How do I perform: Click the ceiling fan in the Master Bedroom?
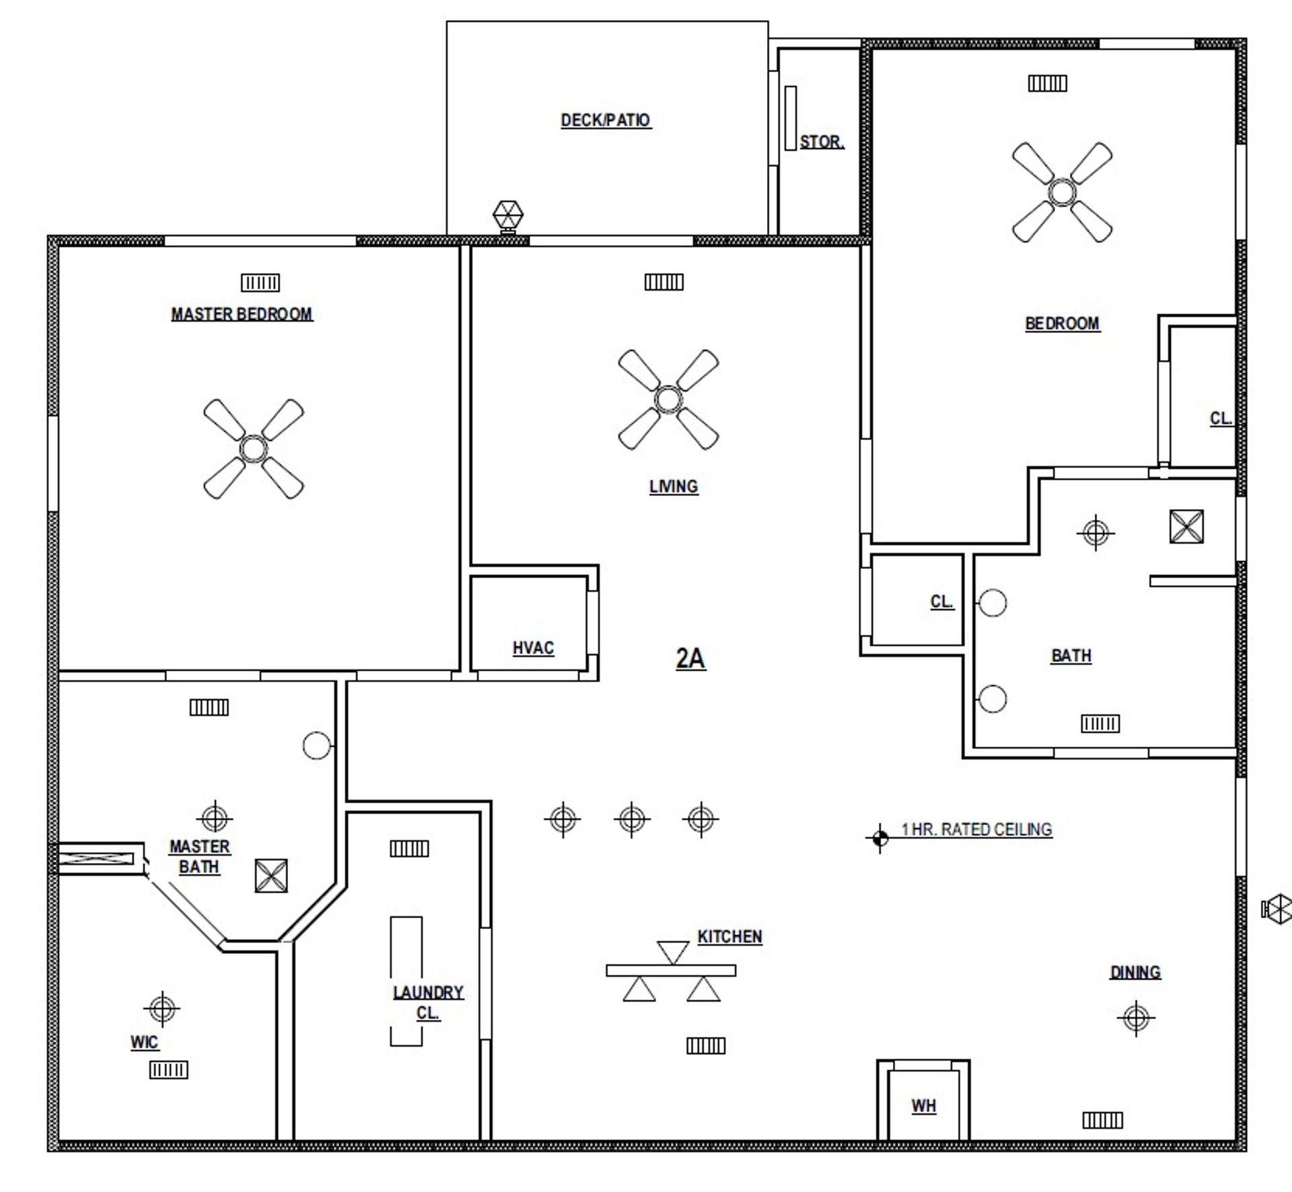tap(254, 449)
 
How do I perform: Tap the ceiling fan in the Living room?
tap(668, 400)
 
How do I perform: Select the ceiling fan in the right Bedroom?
tap(1062, 192)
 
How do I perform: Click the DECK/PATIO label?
tap(606, 120)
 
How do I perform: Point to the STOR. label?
tap(822, 142)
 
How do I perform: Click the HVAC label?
tap(533, 648)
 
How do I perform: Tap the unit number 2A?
tap(690, 658)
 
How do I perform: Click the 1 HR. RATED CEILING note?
tap(976, 829)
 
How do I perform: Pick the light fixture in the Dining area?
tap(1136, 1018)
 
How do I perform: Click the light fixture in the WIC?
tap(161, 1009)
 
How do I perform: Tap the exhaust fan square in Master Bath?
tap(271, 876)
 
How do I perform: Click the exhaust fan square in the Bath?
tap(1186, 527)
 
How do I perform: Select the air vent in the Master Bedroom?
tap(260, 283)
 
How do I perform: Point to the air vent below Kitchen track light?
tap(706, 1045)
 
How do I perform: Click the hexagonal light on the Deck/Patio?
tap(508, 216)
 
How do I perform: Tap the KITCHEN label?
tap(729, 936)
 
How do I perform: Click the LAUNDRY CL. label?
tap(428, 1002)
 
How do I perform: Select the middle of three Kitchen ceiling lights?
tap(632, 819)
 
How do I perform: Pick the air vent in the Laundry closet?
tap(409, 849)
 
